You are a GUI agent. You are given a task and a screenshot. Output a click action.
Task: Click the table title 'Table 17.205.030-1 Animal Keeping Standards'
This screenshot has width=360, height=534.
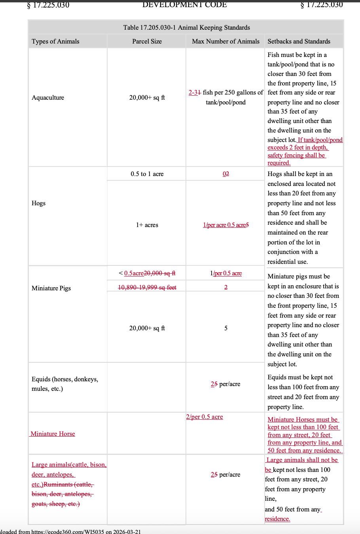[186, 27]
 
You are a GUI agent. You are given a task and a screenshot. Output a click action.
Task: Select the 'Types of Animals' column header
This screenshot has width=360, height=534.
[55, 41]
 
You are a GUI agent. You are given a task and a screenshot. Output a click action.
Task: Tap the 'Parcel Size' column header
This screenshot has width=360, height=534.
[147, 41]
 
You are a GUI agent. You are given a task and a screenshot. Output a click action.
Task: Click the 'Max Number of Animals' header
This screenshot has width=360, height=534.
[225, 41]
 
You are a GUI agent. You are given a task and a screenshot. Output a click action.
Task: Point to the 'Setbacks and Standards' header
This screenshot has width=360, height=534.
[299, 41]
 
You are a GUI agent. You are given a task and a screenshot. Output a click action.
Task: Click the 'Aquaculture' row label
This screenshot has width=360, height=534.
[48, 97]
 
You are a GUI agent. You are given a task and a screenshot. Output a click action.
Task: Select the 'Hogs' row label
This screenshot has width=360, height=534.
[38, 203]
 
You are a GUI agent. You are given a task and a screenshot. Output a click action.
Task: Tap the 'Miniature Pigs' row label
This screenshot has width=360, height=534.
[51, 288]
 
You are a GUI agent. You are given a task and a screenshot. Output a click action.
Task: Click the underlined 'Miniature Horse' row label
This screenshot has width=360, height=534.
[53, 434]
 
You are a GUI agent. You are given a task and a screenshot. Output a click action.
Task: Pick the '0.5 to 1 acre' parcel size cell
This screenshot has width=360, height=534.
[147, 174]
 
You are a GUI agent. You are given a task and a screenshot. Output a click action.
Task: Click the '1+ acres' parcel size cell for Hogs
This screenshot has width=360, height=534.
[147, 225]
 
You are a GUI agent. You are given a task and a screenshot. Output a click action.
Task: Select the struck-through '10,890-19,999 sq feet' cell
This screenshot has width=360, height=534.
[147, 287]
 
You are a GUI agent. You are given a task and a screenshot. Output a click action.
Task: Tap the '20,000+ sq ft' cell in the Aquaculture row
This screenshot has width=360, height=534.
[147, 97]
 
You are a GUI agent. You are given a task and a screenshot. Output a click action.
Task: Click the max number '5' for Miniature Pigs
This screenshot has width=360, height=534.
[226, 328]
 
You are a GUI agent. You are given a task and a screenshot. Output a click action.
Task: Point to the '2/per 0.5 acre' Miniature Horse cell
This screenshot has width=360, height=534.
[205, 417]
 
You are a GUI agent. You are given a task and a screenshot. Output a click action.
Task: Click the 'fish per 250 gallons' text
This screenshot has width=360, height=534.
[233, 93]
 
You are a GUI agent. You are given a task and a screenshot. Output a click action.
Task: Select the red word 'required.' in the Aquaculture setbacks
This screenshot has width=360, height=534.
[279, 163]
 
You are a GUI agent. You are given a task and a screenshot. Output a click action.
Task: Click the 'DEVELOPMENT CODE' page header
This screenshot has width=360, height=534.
[184, 5]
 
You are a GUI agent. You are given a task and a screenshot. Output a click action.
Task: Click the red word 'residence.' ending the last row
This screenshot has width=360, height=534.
[277, 519]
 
